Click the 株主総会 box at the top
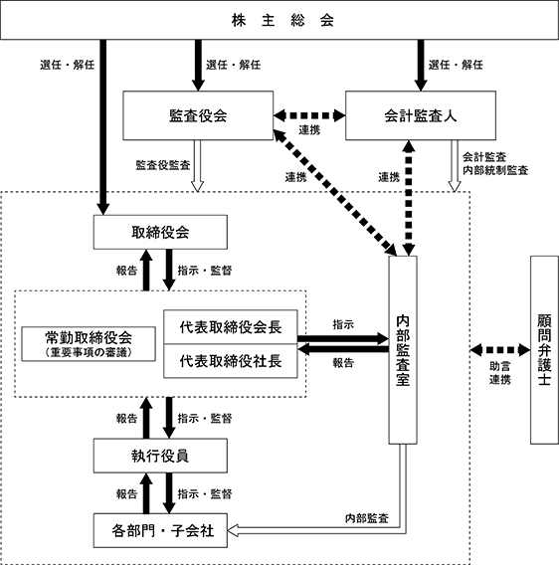coord(279,20)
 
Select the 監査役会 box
coord(198,115)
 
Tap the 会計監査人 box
coord(421,115)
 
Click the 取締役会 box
coord(160,232)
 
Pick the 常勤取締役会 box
coord(89,344)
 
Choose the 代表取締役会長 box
coord(231,327)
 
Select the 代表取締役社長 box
coord(231,361)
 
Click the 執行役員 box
coord(160,456)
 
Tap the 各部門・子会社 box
coord(160,530)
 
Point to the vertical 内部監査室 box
coord(403,350)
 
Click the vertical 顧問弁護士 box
coord(545,350)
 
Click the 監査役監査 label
coord(163,165)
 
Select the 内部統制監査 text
coord(495,170)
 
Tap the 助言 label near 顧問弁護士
coord(500,366)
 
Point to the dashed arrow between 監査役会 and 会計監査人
coord(309,115)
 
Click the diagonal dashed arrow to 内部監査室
coord(335,193)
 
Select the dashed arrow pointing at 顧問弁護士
coord(500,350)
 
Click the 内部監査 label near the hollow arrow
coord(367,518)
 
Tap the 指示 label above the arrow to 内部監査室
coord(343,324)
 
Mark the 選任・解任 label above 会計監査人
coord(456,65)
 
